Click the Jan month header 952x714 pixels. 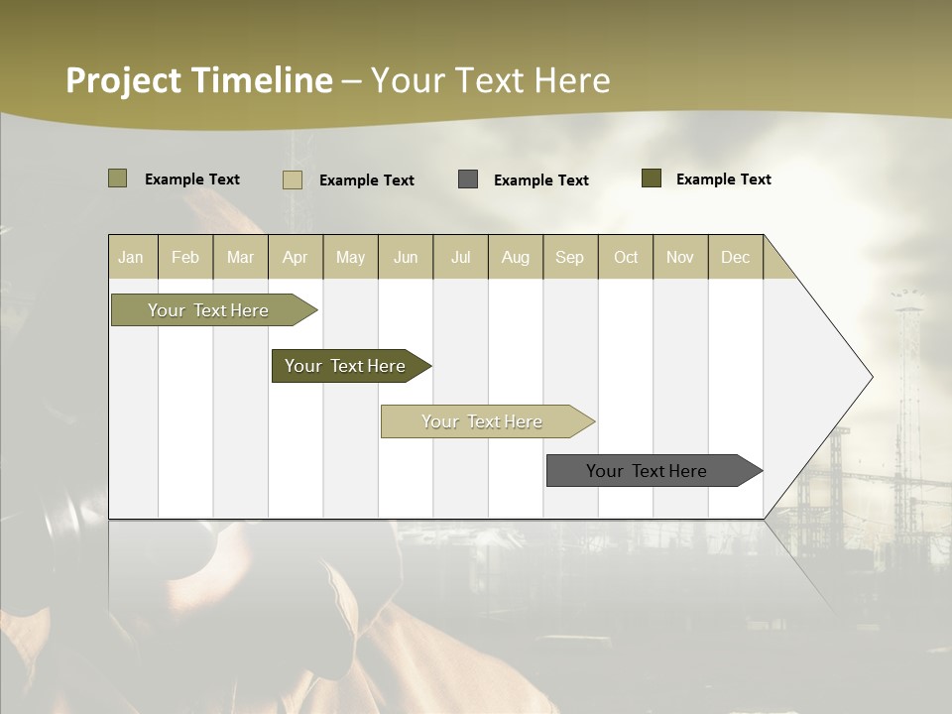[x=132, y=257]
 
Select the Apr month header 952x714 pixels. [x=296, y=257]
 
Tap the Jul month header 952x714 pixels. [x=460, y=257]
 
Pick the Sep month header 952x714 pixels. [x=569, y=257]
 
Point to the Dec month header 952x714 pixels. [x=735, y=257]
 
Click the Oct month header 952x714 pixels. [x=626, y=257]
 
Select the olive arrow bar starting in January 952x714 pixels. [x=209, y=310]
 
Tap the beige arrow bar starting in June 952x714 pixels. [x=483, y=421]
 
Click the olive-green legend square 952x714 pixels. [x=117, y=178]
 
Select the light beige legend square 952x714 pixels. [x=292, y=179]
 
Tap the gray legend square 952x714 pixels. [x=468, y=179]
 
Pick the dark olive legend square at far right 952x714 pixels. [x=651, y=178]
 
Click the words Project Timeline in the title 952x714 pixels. [x=198, y=80]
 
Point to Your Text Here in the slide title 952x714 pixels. [x=491, y=80]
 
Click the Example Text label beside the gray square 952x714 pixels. [x=540, y=180]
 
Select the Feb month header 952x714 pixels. [x=185, y=257]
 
